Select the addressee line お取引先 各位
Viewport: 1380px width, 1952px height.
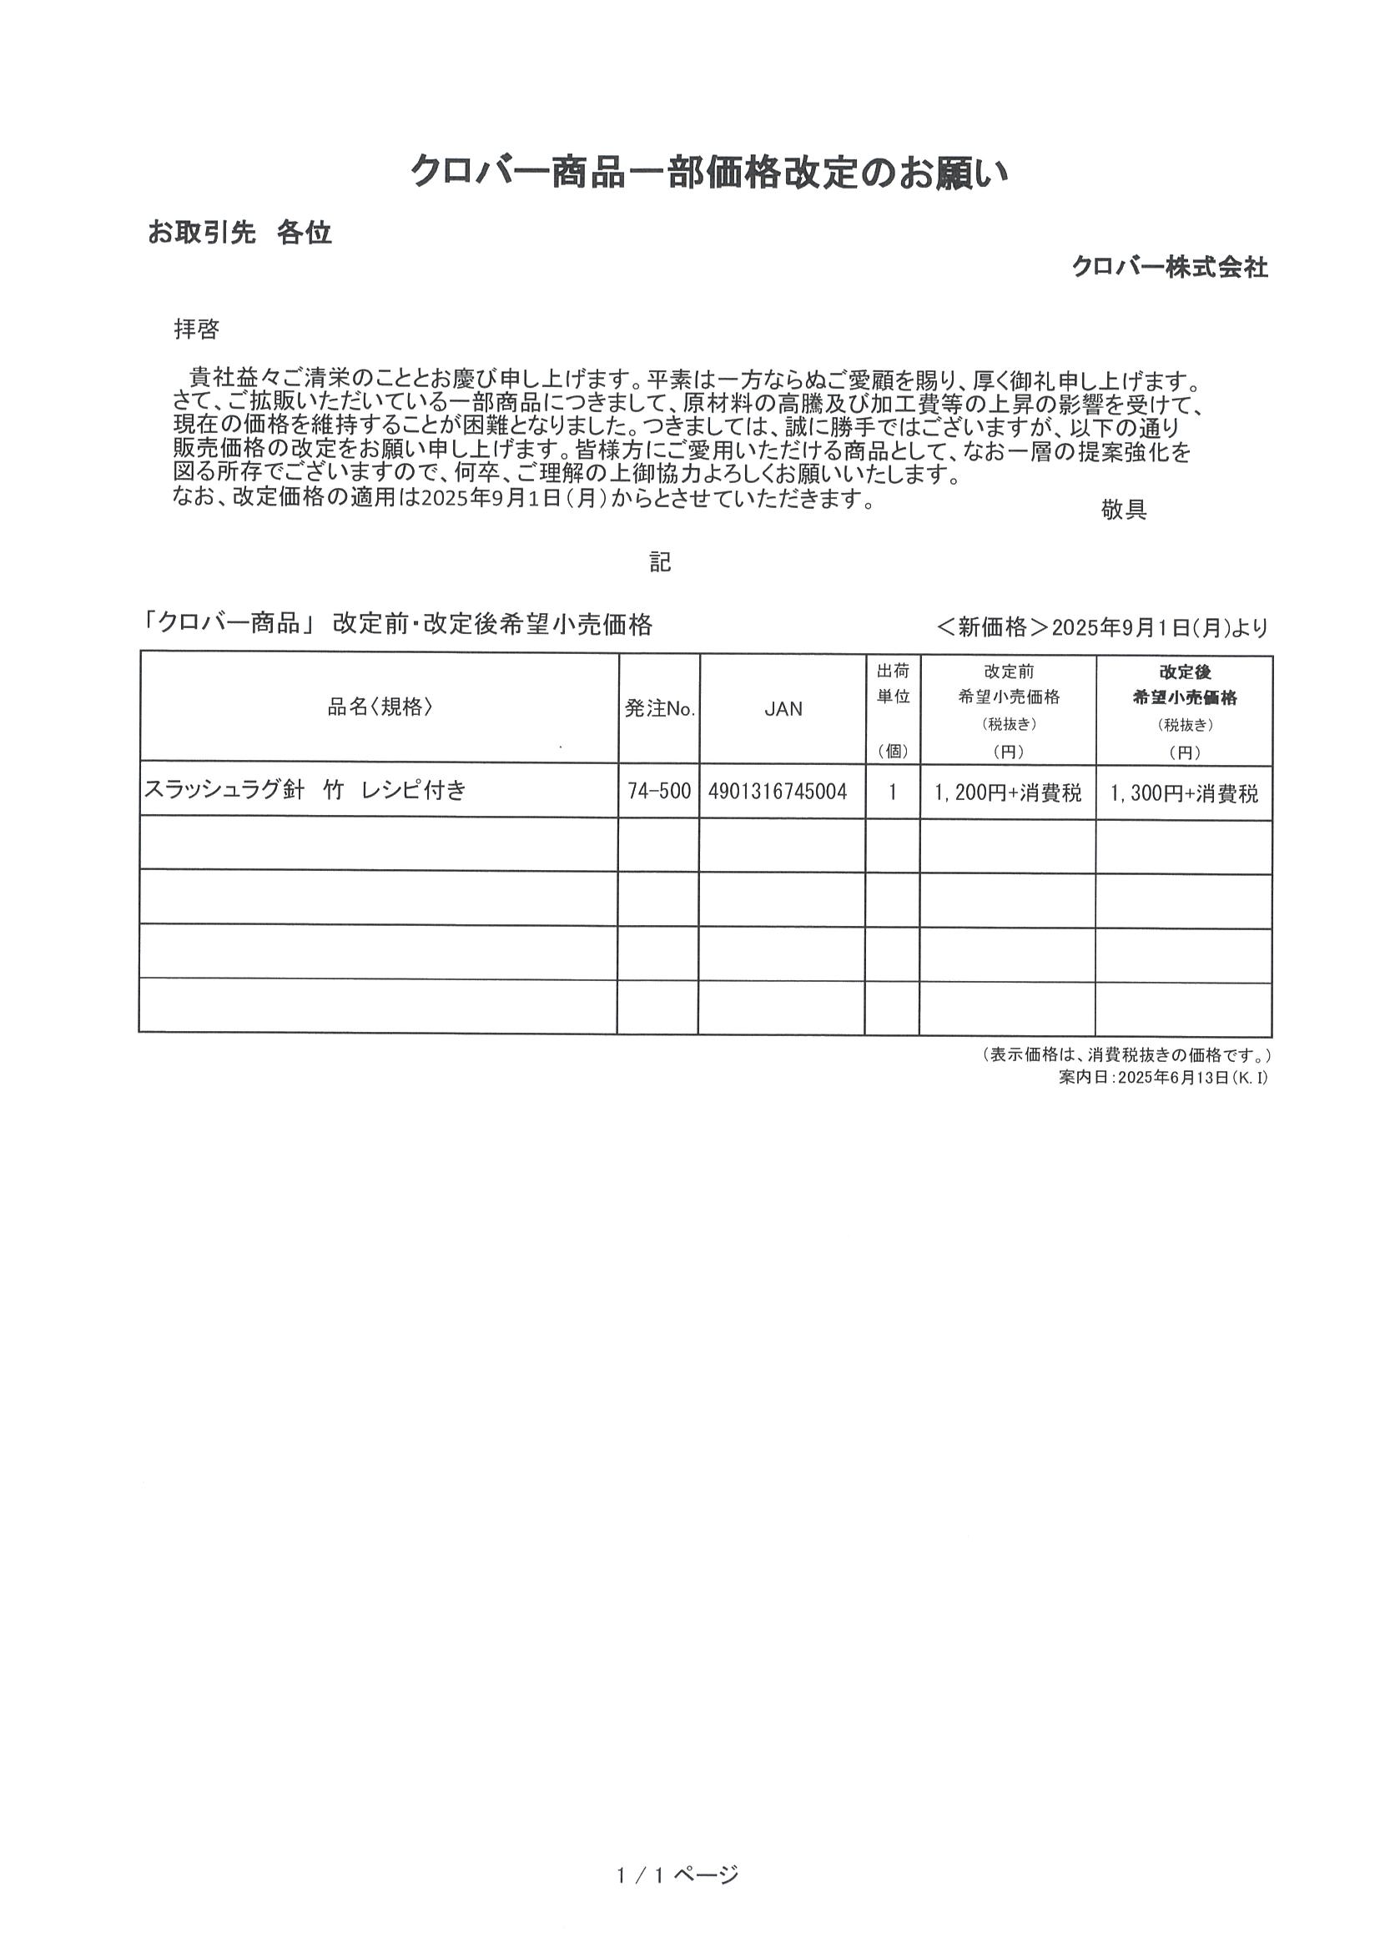[x=239, y=232]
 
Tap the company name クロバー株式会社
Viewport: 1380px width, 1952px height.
[x=1169, y=267]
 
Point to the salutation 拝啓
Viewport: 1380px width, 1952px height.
[x=196, y=329]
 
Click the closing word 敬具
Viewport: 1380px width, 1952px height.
[x=1123, y=509]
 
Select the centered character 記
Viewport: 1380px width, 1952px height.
[x=660, y=562]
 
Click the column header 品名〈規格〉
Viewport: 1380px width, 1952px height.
[x=380, y=707]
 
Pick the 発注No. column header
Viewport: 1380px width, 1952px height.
[x=660, y=708]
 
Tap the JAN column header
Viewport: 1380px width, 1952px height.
[x=783, y=708]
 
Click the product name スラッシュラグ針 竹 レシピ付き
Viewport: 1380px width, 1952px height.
[x=305, y=790]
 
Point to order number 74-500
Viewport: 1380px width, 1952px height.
[x=659, y=792]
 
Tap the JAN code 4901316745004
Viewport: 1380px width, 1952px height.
[x=777, y=792]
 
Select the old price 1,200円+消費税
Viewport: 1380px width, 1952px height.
[x=1008, y=793]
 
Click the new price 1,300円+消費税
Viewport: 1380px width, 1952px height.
[x=1184, y=794]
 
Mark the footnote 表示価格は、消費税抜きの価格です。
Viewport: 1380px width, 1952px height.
[x=1126, y=1055]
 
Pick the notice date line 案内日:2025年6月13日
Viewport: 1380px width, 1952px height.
[x=1163, y=1077]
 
